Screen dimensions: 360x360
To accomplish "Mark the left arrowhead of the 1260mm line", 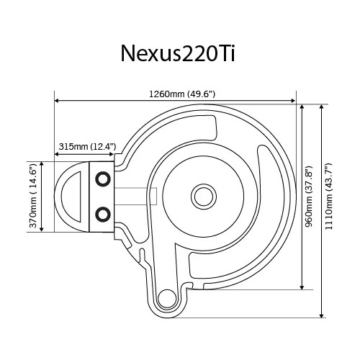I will click(x=58, y=101).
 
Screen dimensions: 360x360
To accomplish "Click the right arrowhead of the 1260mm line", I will click(x=293, y=101).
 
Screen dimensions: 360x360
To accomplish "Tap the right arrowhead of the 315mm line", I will click(x=114, y=153).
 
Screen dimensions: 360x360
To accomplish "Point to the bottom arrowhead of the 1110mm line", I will click(x=321, y=315).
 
